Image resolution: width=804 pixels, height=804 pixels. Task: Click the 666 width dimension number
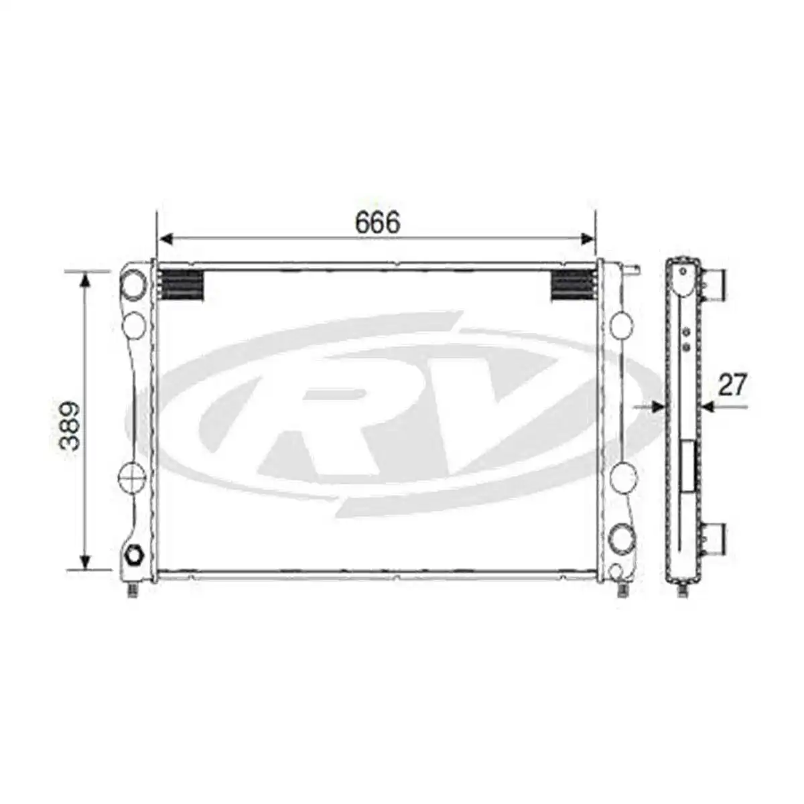[x=377, y=222]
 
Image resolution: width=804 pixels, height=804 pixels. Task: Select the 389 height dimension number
[x=69, y=425]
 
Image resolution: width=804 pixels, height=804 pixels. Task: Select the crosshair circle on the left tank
[x=132, y=476]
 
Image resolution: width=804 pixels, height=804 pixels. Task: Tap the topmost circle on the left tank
[x=134, y=284]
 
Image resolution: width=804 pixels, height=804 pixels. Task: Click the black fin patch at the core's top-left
[x=182, y=286]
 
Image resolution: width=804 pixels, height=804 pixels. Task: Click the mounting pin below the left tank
[x=133, y=590]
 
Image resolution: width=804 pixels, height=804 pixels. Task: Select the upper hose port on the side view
[x=714, y=284]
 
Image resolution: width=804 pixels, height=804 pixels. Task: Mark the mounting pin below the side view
[x=683, y=590]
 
